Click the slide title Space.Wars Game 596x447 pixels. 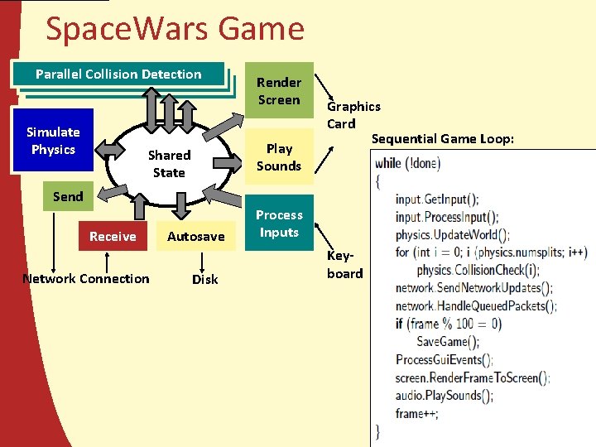tap(175, 29)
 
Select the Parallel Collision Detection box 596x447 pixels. tap(118, 74)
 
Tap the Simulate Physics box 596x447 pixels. tap(53, 141)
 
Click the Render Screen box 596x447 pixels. tap(279, 91)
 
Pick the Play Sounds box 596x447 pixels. tap(279, 157)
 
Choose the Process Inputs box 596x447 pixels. tap(279, 223)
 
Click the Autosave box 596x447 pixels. tap(196, 237)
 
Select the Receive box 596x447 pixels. tap(113, 237)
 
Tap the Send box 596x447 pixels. tap(68, 196)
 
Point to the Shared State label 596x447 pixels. tap(169, 164)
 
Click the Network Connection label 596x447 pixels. tap(86, 279)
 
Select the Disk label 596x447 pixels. tap(205, 280)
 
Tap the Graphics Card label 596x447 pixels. tap(353, 115)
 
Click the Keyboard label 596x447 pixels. tap(344, 265)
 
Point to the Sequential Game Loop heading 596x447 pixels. tap(442, 138)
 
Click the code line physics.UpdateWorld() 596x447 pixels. tap(452, 234)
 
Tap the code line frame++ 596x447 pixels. tap(417, 413)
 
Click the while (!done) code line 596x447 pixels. tap(408, 163)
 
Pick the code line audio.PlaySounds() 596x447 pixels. tap(445, 396)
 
